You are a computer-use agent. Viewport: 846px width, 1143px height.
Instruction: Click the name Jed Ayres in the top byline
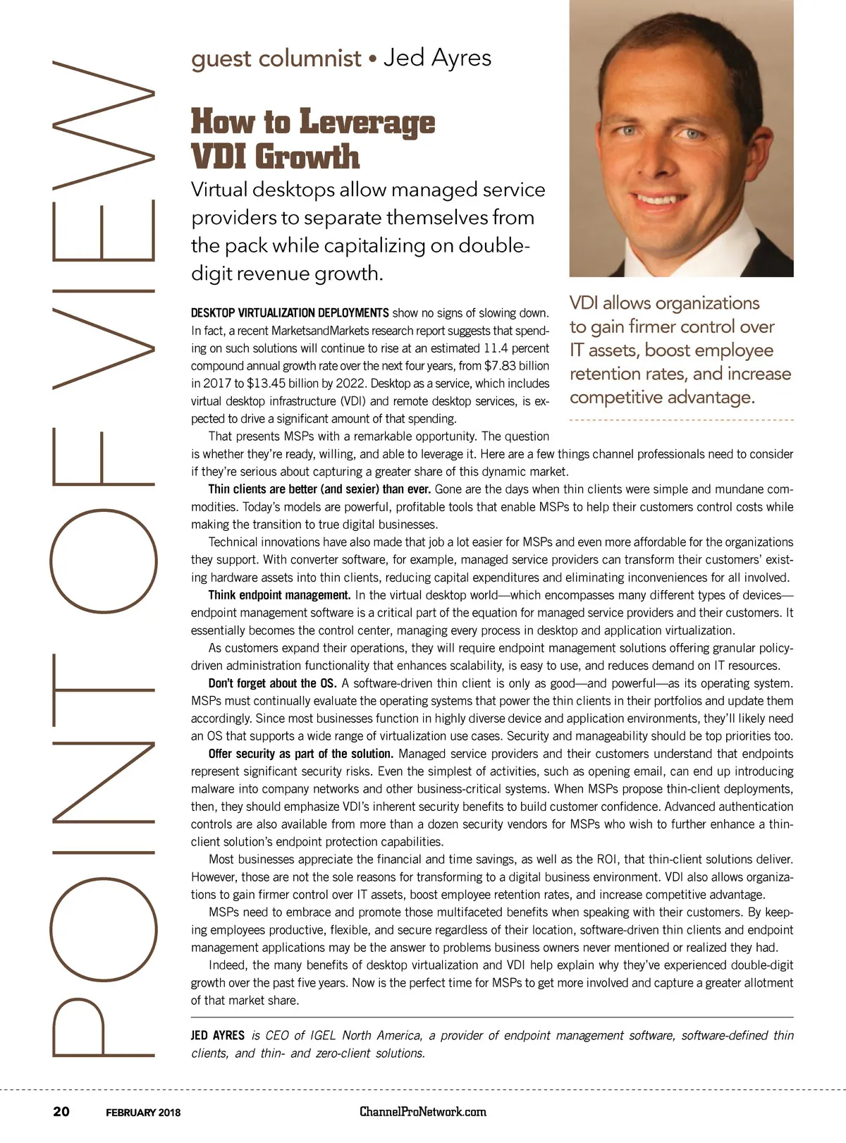tap(437, 58)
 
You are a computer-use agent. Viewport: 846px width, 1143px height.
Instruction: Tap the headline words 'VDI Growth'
tap(275, 156)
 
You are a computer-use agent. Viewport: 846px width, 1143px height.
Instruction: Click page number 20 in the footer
tap(61, 1111)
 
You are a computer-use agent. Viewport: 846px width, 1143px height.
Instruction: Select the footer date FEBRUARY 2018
tap(143, 1113)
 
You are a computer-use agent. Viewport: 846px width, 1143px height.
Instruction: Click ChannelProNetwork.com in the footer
tap(423, 1111)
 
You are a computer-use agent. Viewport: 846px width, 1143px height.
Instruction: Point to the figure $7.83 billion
tap(517, 366)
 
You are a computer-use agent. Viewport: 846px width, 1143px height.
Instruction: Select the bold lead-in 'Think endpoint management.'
tap(279, 595)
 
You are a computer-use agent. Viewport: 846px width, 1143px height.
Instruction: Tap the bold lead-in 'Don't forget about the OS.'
tap(272, 683)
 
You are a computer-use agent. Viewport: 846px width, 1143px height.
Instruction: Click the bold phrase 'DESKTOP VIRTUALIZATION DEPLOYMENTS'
tap(290, 313)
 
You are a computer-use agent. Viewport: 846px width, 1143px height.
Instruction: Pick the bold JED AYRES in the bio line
tap(217, 1036)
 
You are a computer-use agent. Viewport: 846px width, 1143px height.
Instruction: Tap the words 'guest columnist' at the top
tap(276, 59)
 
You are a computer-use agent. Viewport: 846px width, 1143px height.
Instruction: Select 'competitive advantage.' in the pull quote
tap(662, 397)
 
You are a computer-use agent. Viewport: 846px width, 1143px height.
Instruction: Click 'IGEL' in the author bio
tap(321, 1036)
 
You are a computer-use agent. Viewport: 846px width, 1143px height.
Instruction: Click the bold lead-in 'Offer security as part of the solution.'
tap(301, 754)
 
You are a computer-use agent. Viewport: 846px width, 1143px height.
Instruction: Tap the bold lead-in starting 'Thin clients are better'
tap(320, 489)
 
